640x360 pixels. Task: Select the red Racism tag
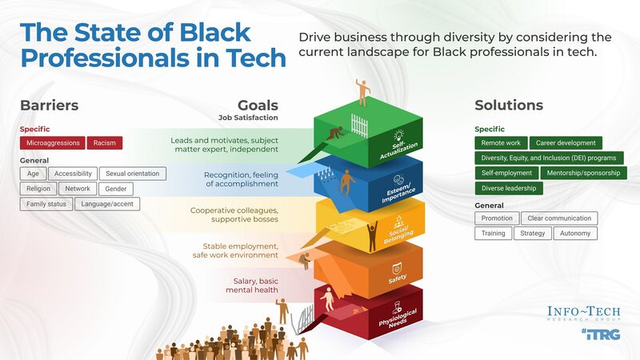pos(104,143)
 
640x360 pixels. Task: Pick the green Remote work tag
pos(501,143)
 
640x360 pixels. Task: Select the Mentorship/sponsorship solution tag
pos(583,173)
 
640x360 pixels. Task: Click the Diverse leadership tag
pos(509,188)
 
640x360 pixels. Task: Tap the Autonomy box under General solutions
pos(574,233)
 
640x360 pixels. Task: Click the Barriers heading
pos(49,106)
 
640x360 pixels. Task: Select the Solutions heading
pos(509,106)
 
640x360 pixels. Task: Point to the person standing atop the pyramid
pos(364,92)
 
